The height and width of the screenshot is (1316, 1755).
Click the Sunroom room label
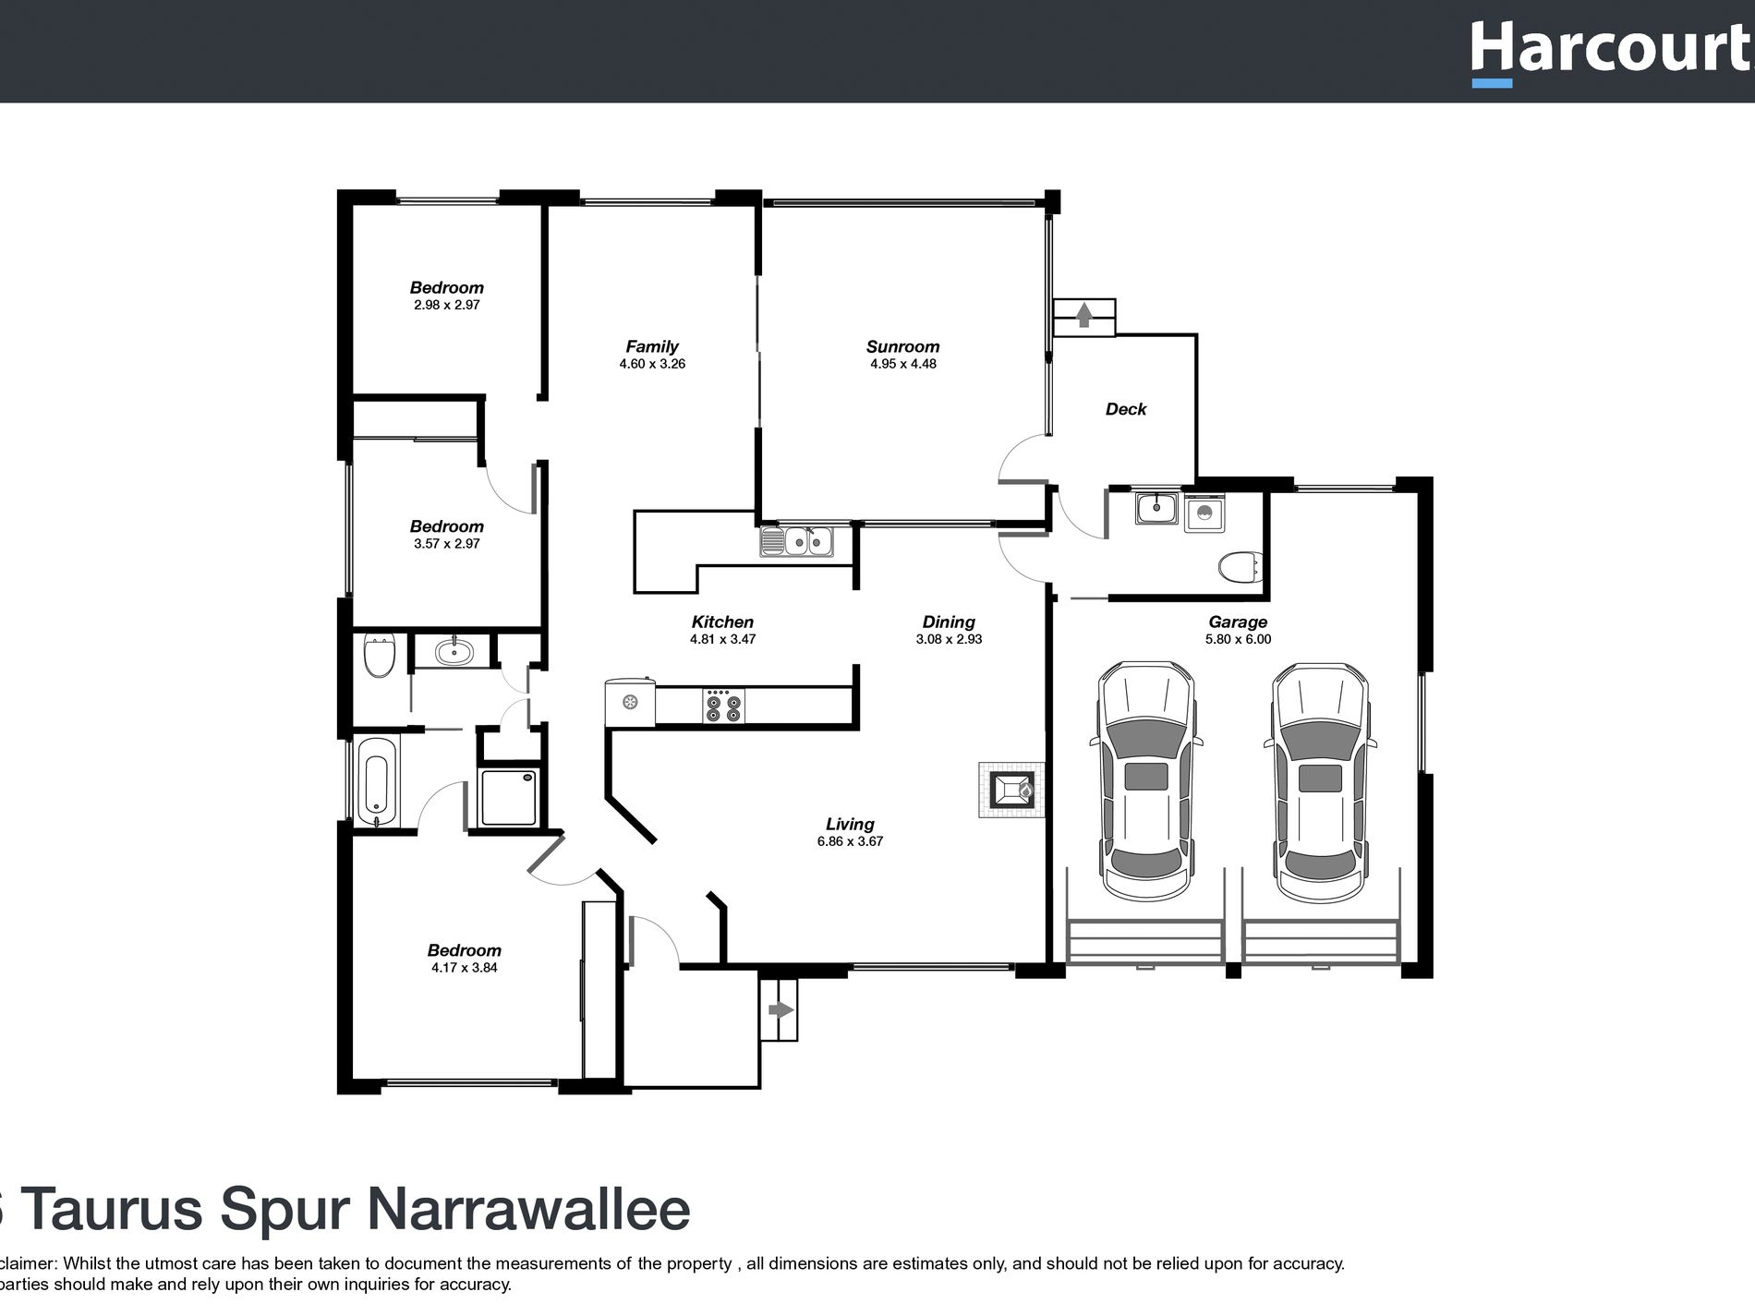coord(902,346)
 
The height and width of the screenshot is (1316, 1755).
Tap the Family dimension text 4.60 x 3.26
coord(652,364)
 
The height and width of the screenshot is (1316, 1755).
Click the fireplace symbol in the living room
coord(1012,790)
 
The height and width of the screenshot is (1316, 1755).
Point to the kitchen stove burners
coord(722,706)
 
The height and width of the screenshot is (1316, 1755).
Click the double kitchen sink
coord(796,541)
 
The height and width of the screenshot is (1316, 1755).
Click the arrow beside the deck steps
coord(1084,316)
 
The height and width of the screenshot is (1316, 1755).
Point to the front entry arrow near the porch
coord(781,1009)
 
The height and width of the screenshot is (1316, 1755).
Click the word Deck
coord(1125,409)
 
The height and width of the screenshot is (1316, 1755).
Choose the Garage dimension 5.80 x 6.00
coord(1238,639)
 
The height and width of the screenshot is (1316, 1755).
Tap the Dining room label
coord(949,622)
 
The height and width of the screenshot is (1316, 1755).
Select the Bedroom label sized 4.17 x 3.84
coord(464,950)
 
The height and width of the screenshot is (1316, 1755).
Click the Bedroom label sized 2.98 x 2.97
coord(446,287)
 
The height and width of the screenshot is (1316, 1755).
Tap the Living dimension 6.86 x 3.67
coord(850,841)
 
